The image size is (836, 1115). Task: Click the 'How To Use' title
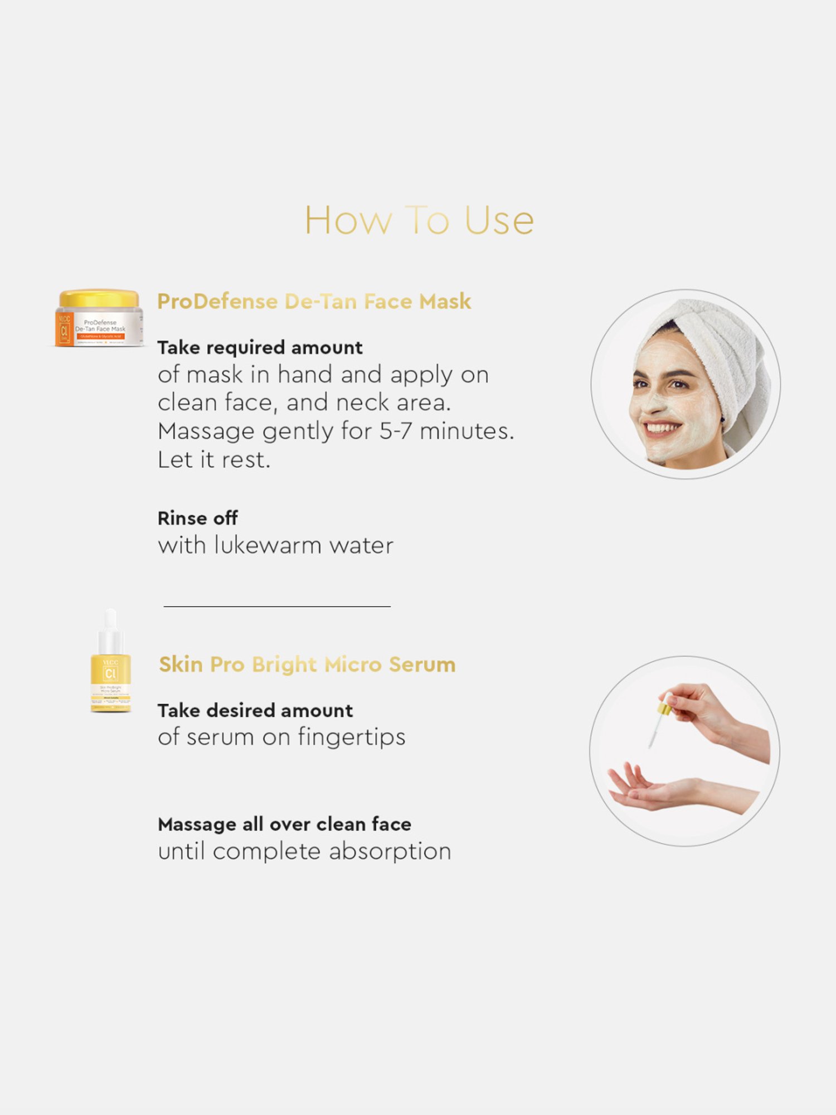(x=419, y=220)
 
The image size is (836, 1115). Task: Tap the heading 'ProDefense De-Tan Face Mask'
(x=314, y=302)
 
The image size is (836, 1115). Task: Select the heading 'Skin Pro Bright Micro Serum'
(x=307, y=665)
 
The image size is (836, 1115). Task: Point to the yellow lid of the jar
(x=99, y=298)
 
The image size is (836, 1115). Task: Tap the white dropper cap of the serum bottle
(x=110, y=627)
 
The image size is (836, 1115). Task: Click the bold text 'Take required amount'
(x=260, y=348)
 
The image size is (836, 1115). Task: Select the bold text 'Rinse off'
(x=197, y=518)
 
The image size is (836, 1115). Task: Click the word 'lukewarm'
(x=268, y=546)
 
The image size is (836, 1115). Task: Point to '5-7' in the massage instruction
(x=396, y=432)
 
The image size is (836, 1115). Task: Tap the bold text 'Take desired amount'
(x=255, y=711)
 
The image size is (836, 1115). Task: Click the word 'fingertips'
(x=351, y=738)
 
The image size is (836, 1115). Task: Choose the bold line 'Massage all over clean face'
(x=284, y=825)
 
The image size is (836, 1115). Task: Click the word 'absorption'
(x=390, y=852)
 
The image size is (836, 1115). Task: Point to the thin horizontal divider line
(x=277, y=607)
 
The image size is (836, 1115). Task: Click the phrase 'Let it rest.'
(x=214, y=460)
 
